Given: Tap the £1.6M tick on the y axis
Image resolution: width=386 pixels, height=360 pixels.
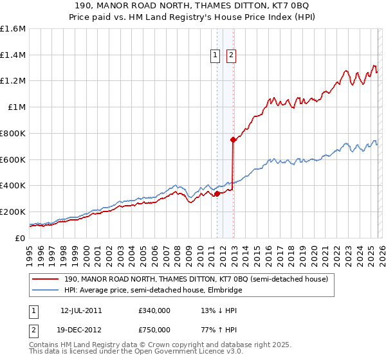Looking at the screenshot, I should [x=13, y=29].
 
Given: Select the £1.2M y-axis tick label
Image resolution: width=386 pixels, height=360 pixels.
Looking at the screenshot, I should [x=13, y=81].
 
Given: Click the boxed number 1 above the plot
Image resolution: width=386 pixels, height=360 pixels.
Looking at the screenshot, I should [x=216, y=56].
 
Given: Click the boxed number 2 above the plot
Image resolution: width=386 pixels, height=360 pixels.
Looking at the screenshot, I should [x=231, y=56].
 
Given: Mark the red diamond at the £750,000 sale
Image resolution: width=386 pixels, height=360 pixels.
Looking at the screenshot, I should [x=233, y=139].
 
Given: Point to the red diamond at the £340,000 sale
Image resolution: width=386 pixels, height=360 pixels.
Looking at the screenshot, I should [x=217, y=193].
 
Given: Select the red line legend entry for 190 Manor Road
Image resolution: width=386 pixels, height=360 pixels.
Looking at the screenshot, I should [x=197, y=280].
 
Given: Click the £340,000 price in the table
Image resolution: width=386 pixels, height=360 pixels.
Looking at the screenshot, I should [x=154, y=310].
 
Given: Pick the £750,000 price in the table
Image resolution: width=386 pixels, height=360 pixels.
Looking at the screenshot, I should [x=154, y=329].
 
